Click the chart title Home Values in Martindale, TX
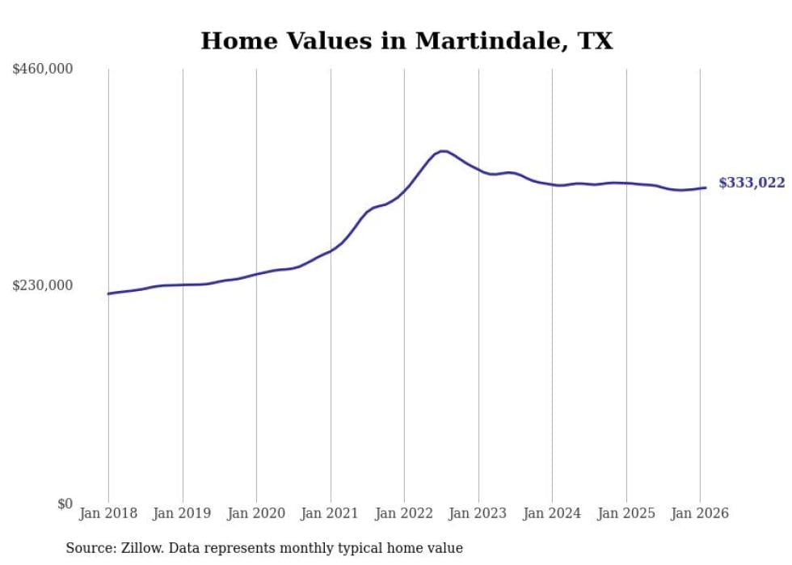(x=407, y=41)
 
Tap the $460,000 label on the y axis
(x=43, y=70)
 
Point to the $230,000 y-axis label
(x=43, y=285)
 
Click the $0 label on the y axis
(x=65, y=504)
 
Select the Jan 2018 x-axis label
(x=108, y=513)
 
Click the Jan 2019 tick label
(x=183, y=513)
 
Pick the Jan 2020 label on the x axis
(x=256, y=513)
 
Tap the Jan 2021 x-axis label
(x=331, y=513)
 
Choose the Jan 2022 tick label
(x=404, y=513)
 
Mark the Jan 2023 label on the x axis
(x=478, y=513)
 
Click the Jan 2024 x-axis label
(x=552, y=513)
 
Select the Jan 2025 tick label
(x=626, y=513)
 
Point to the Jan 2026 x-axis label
(x=700, y=513)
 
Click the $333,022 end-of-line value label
(x=752, y=183)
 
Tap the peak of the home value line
(x=442, y=151)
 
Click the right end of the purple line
(x=706, y=188)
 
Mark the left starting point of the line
(x=108, y=293)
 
